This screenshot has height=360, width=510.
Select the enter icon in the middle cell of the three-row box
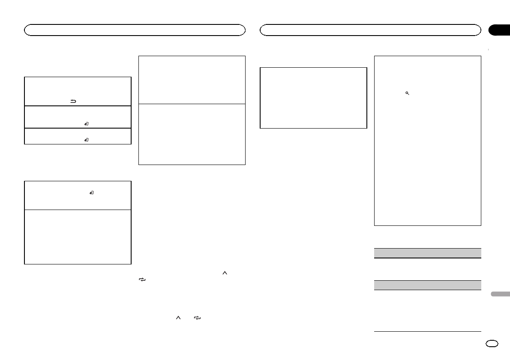coord(87,123)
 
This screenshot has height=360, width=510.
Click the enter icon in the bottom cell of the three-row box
coord(87,140)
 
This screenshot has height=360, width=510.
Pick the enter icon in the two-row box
coord(91,193)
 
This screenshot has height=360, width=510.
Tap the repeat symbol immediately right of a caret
coord(197,318)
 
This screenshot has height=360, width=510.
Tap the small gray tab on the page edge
coord(498,294)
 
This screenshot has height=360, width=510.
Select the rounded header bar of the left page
coord(135,30)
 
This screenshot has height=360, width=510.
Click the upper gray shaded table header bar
coord(427,253)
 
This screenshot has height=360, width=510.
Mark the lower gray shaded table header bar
coord(427,285)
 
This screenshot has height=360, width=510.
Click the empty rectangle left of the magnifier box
coord(314,98)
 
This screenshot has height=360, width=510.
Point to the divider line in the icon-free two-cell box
coord(192,103)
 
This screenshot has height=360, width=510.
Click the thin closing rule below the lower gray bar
coord(427,331)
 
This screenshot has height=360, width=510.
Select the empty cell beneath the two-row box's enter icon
coord(78,237)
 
